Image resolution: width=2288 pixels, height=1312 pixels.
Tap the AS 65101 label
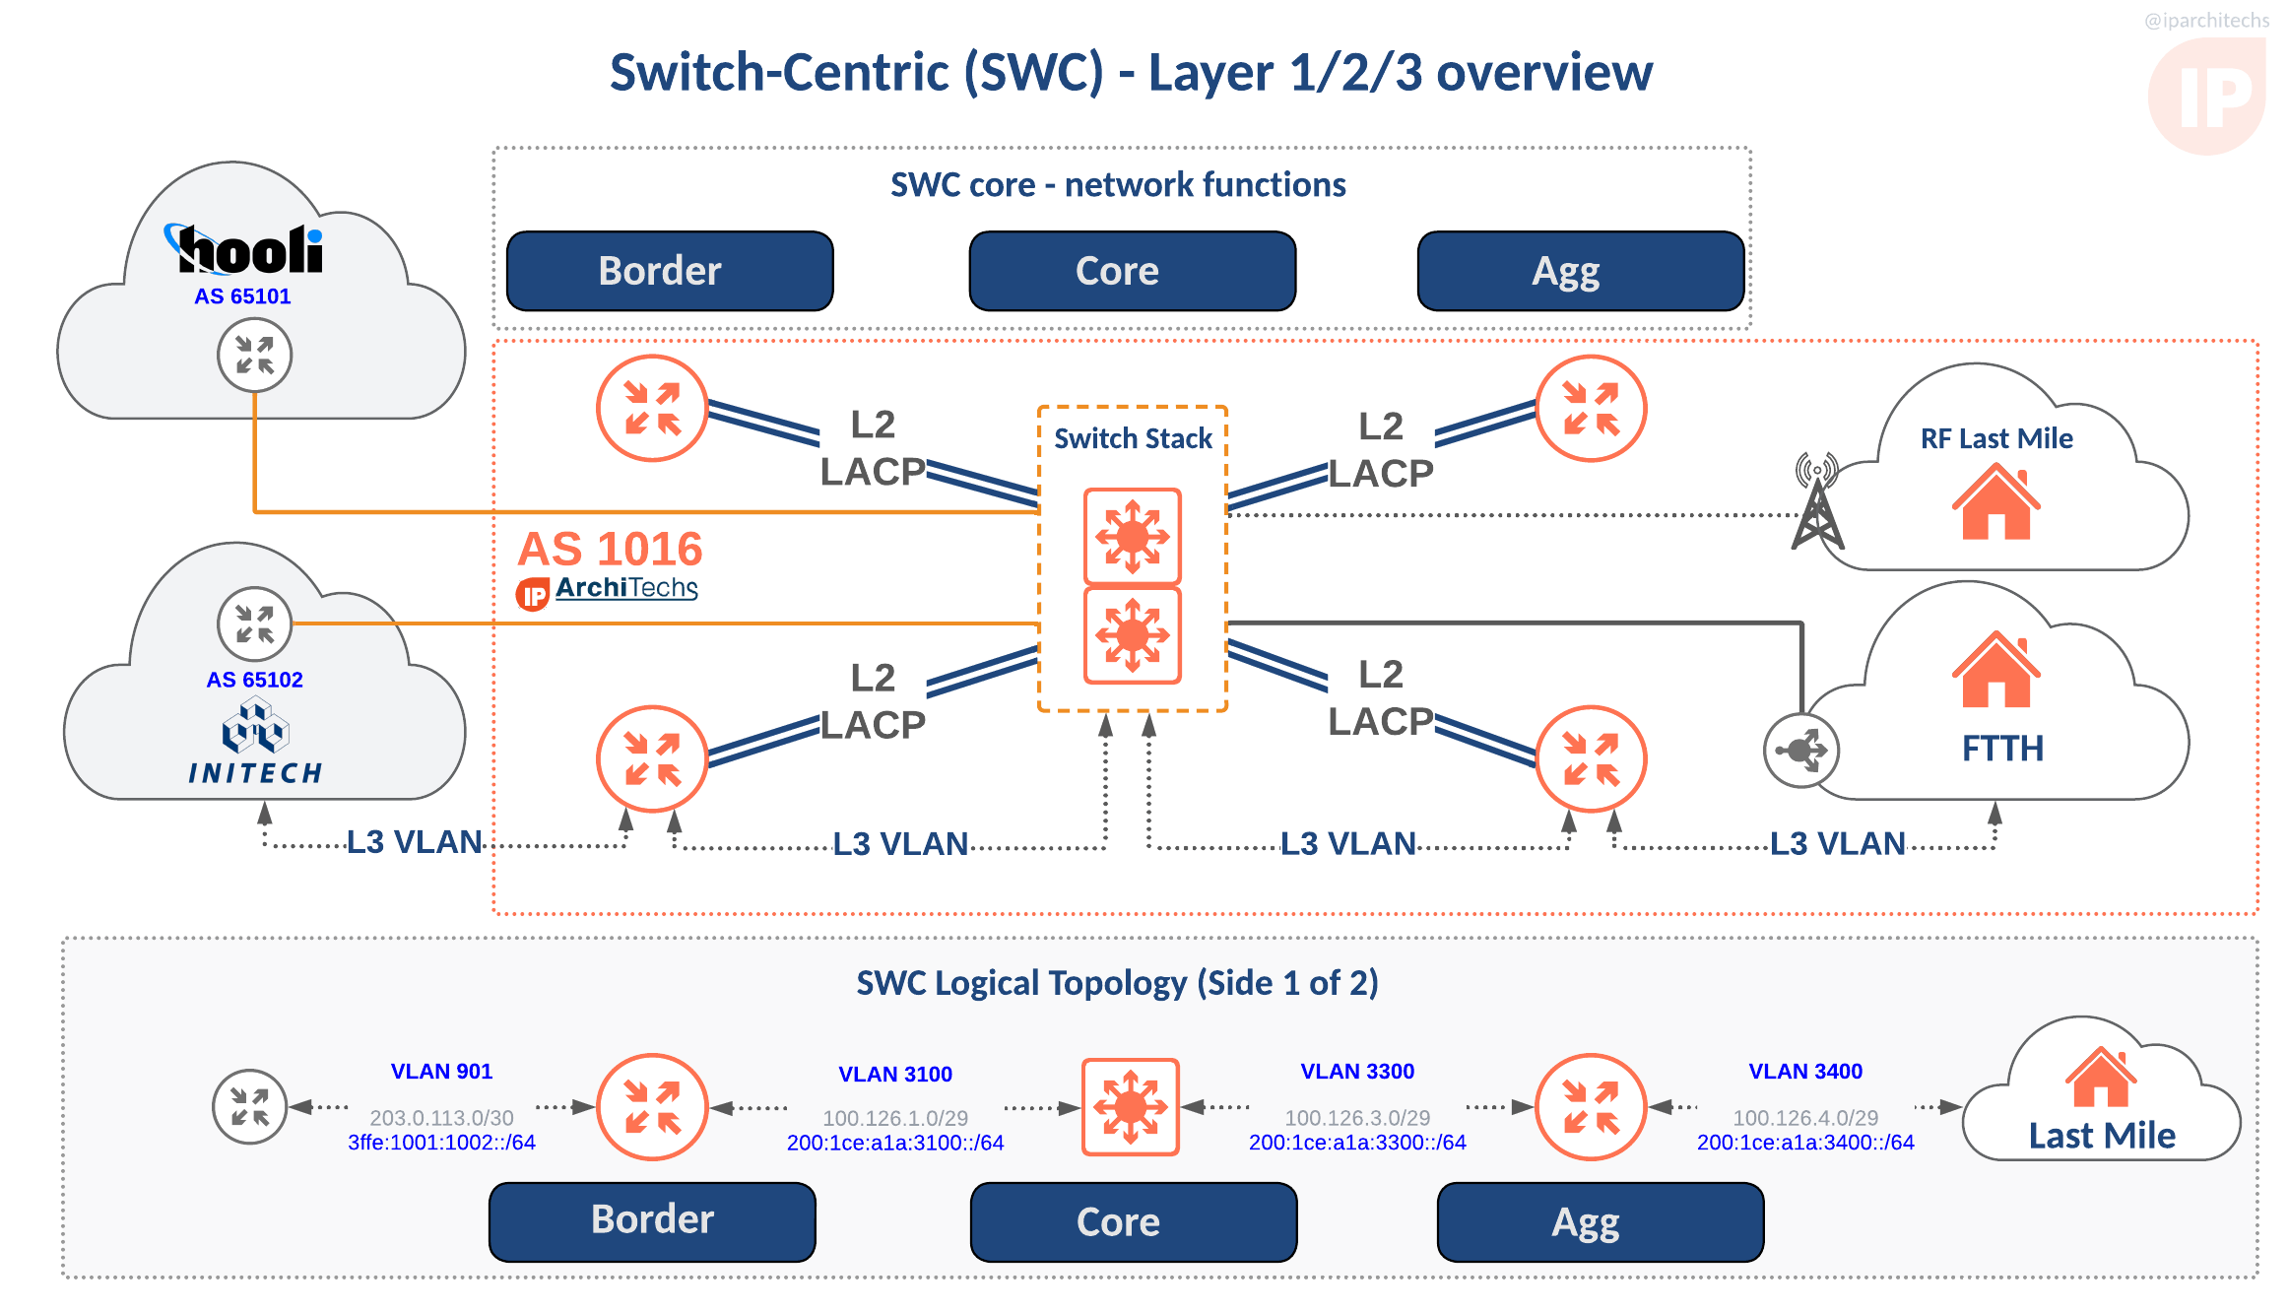[242, 296]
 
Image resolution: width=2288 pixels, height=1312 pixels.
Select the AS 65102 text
[254, 680]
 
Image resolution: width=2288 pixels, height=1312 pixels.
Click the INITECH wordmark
[255, 773]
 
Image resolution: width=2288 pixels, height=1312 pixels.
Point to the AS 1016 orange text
[610, 549]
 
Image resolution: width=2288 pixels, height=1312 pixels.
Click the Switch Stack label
[1133, 438]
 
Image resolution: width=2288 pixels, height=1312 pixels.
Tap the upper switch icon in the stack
[1132, 537]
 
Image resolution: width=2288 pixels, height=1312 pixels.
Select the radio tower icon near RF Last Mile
[1816, 502]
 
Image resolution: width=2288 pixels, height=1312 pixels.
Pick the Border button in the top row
[670, 271]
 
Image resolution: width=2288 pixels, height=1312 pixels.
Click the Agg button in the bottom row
[1600, 1222]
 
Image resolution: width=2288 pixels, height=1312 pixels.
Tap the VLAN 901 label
[441, 1071]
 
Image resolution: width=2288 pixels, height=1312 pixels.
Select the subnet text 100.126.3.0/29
[1356, 1118]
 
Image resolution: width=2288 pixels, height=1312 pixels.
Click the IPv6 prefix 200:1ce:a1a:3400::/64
[1804, 1143]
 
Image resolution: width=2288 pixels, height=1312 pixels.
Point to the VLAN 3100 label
[894, 1074]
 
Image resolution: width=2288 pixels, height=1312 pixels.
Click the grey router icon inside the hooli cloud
[254, 356]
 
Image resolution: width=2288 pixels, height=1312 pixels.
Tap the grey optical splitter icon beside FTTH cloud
[1800, 751]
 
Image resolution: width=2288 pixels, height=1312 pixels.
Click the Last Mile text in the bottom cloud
[2102, 1136]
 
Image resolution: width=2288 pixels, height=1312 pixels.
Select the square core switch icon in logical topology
[1130, 1107]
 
